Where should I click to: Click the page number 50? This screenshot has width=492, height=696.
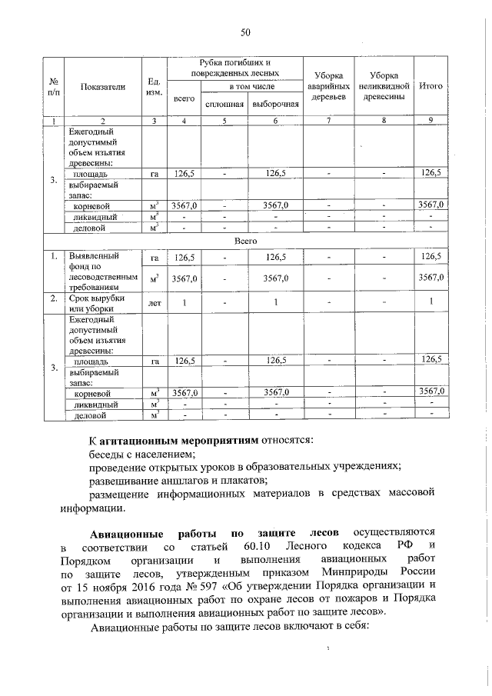click(x=245, y=32)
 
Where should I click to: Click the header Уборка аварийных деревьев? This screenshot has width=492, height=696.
click(x=328, y=86)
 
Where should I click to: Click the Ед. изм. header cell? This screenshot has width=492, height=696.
click(x=153, y=87)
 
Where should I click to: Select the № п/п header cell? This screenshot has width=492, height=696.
click(x=53, y=87)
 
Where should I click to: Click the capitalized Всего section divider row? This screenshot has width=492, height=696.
click(x=245, y=241)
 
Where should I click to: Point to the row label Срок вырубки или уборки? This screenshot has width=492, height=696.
click(x=92, y=303)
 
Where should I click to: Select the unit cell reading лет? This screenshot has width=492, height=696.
click(x=154, y=303)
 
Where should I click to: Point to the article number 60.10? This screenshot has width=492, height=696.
click(x=247, y=546)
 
